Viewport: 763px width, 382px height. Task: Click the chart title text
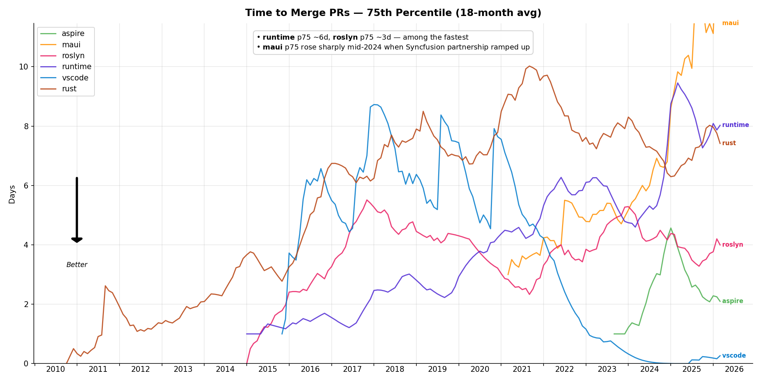tap(393, 13)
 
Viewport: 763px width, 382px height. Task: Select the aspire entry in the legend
tap(73, 33)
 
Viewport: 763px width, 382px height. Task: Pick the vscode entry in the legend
tap(75, 78)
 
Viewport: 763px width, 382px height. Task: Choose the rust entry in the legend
tap(69, 89)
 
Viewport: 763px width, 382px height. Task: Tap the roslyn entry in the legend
tap(73, 56)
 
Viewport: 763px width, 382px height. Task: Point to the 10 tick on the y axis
tap(24, 67)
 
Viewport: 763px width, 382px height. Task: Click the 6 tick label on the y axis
tap(26, 186)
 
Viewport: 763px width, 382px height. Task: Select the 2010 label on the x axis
tap(56, 370)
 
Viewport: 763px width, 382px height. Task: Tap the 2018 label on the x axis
tap(395, 370)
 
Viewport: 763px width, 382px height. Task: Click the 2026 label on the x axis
tap(734, 370)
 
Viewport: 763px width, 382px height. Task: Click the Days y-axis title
tap(12, 194)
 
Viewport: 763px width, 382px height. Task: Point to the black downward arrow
tap(77, 210)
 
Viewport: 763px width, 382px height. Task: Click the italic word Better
tap(77, 265)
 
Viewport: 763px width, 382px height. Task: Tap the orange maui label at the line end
tap(730, 23)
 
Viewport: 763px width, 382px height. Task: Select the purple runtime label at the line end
tap(735, 125)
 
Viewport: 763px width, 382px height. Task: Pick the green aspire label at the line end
tap(732, 301)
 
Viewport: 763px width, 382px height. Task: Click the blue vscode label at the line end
tap(734, 356)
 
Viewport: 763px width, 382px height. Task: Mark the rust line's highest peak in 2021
tap(529, 66)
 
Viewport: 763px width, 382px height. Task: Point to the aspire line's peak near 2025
tap(671, 228)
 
